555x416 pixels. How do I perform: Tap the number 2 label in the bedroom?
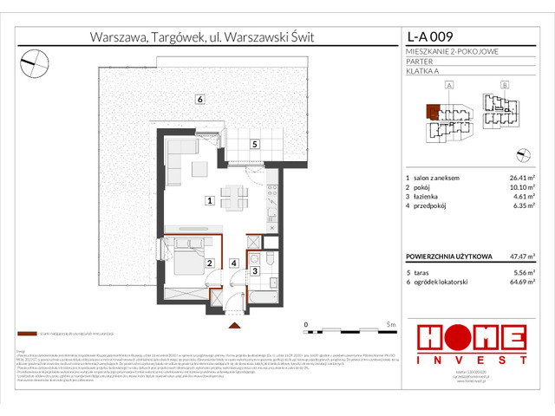[x=209, y=263]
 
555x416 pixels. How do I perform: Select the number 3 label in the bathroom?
[x=255, y=271]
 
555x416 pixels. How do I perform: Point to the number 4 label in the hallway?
[x=233, y=263]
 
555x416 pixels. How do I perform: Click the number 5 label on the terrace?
[x=254, y=145]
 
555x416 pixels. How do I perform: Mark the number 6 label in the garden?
[x=199, y=99]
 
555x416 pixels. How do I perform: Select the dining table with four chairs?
[x=232, y=198]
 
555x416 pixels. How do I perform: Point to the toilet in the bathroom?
[x=271, y=259]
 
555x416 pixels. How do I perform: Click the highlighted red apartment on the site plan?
[x=433, y=112]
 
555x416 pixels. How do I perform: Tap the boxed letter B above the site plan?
[x=505, y=85]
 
